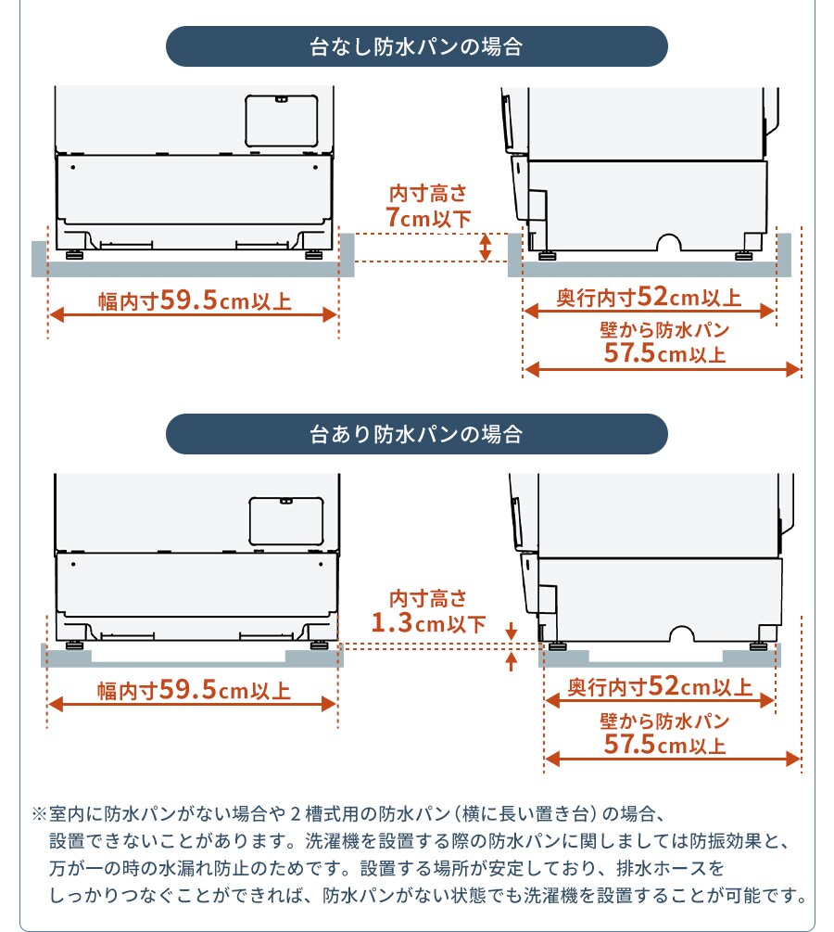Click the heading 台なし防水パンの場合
tap(416, 46)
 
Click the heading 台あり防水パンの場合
tap(416, 434)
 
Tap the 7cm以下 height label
tap(428, 218)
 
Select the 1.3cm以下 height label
tap(429, 623)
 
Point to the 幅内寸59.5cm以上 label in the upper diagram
tap(195, 300)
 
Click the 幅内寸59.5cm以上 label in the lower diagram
tap(194, 690)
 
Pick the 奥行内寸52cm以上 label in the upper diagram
tap(649, 297)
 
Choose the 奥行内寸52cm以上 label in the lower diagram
tap(660, 686)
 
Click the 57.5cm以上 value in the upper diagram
tap(664, 353)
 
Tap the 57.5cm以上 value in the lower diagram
tap(664, 744)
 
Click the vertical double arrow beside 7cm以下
tap(486, 248)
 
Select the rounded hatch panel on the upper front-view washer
tap(282, 121)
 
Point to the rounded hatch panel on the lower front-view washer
tap(286, 521)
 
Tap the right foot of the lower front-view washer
tap(319, 645)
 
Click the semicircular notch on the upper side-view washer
tap(669, 242)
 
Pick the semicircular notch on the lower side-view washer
tap(681, 633)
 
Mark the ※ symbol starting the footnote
tap(39, 813)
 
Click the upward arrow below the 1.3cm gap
tap(511, 661)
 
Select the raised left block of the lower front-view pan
tap(66, 655)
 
